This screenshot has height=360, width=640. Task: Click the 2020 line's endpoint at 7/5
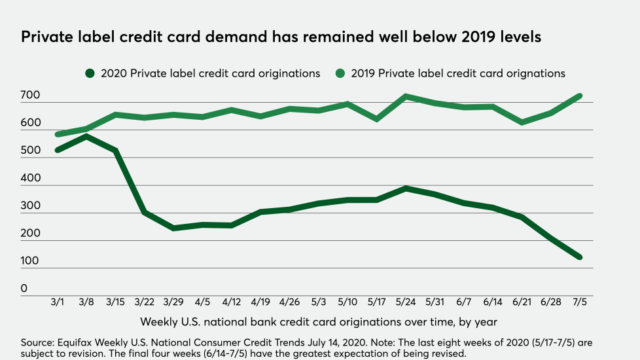point(579,257)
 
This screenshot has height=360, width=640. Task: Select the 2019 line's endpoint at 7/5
point(579,96)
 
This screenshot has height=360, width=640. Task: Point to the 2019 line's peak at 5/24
point(406,97)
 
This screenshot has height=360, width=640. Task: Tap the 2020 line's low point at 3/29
point(173,228)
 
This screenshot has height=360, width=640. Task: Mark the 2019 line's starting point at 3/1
point(58,135)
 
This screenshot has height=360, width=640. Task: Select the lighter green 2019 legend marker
point(340,73)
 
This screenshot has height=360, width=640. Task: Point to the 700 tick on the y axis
point(30,96)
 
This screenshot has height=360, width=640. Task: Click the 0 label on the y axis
point(24,288)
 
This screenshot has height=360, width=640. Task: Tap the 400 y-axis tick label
point(30,178)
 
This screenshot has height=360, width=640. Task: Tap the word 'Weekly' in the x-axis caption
point(160,322)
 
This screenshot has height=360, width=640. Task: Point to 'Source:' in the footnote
point(39,342)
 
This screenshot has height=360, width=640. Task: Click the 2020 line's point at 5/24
point(406,189)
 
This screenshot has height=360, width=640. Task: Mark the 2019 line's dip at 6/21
point(522,122)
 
